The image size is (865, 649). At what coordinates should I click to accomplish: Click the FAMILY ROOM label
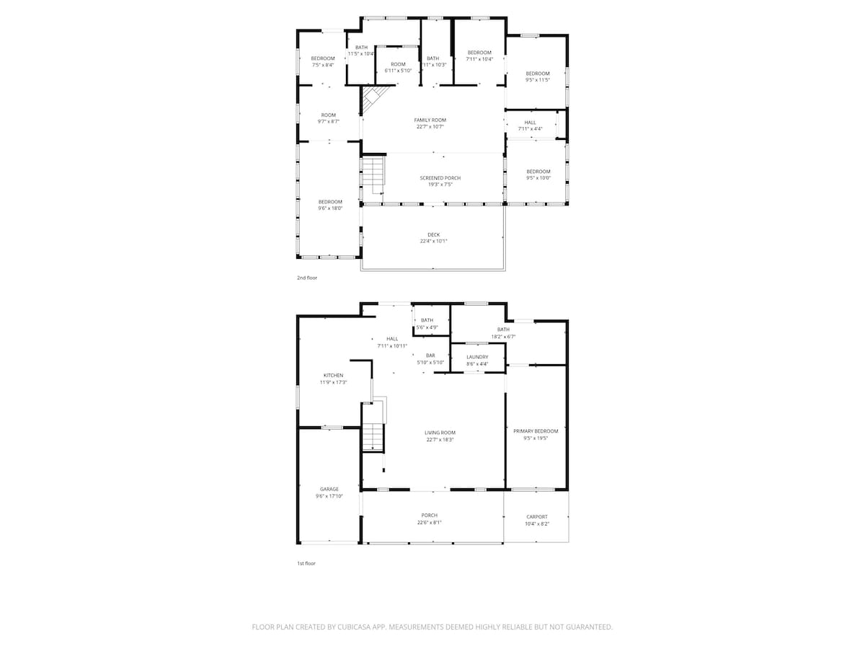(430, 120)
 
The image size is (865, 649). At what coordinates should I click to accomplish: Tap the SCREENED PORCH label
(440, 178)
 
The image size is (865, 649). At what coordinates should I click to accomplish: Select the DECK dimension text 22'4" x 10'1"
(433, 242)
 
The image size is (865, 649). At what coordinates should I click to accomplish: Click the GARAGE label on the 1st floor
(329, 489)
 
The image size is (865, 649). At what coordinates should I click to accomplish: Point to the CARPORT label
(537, 516)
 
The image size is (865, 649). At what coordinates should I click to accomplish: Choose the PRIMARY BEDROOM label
(536, 431)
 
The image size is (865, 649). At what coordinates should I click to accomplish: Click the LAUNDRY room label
(477, 357)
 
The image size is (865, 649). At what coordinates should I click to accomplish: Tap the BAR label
(431, 356)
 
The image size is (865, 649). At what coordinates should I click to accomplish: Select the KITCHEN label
(333, 375)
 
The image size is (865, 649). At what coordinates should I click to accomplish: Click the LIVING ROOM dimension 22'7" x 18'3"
(440, 439)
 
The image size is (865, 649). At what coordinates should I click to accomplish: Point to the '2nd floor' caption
(306, 278)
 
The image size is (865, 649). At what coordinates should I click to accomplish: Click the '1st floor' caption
(306, 563)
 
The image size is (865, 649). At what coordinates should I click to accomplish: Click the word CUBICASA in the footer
(358, 627)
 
